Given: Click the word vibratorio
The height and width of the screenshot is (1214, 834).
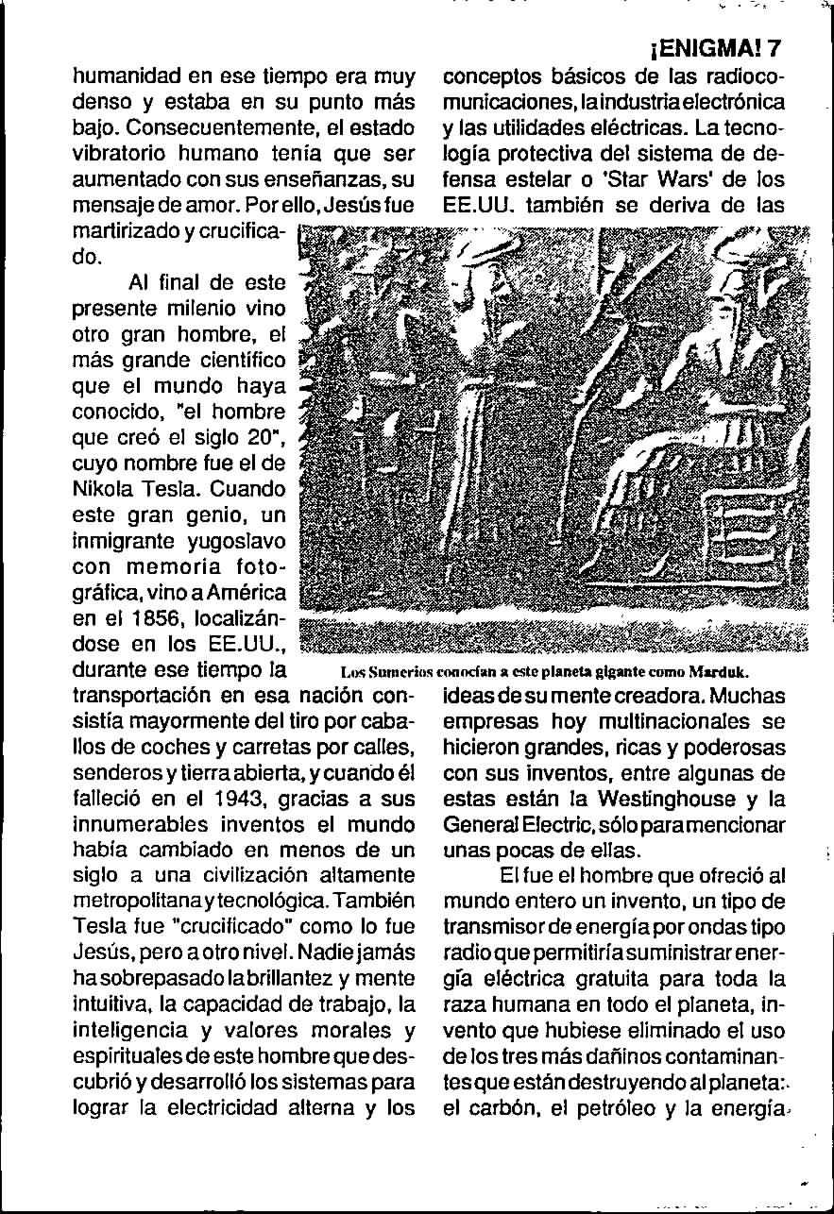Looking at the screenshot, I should click(119, 150).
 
